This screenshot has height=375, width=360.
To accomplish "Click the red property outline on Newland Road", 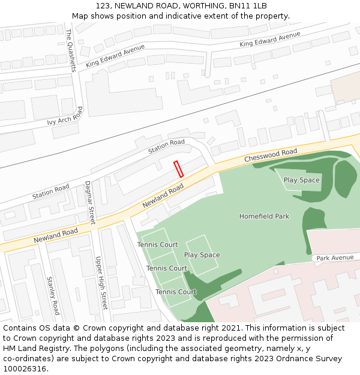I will coord(178,169).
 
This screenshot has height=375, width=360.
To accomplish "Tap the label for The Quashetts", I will coord(71,50).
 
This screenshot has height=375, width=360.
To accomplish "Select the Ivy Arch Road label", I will coord(65,117).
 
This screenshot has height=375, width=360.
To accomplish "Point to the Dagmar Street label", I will coord(89,202).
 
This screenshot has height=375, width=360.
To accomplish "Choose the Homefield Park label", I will coord(264,216).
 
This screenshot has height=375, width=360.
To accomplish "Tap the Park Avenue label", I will coord(335,258).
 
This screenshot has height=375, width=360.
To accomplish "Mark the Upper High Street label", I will coord(100,283).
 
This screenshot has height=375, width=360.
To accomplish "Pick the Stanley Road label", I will coord(53,296).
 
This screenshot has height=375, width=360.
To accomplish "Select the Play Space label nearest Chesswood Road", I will coord(302,180).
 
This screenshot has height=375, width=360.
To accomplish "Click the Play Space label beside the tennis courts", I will coord(202,255).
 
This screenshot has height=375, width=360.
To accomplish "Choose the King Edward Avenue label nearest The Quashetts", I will coord(115,55).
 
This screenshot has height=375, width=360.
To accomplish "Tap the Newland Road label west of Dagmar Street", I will coord(56,235).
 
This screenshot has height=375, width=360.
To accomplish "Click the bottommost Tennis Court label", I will coord(176,292).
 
